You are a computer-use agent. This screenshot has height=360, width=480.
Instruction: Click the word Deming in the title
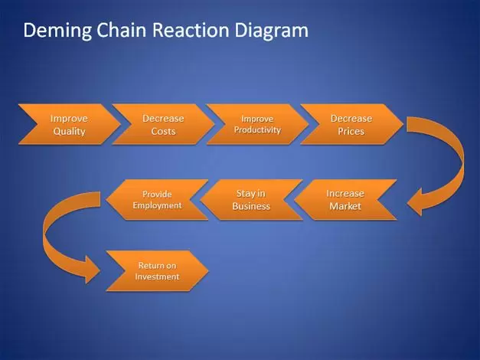click(x=57, y=31)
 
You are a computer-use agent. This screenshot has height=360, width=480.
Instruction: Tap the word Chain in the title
click(x=121, y=30)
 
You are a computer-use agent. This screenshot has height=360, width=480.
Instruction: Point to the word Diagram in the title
click(x=272, y=31)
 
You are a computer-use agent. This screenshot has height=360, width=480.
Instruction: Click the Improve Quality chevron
click(x=70, y=124)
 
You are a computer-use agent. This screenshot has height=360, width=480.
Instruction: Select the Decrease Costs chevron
click(x=164, y=124)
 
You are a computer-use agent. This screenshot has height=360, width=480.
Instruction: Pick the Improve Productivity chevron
click(x=257, y=124)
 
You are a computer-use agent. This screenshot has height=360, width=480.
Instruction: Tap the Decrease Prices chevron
click(x=351, y=124)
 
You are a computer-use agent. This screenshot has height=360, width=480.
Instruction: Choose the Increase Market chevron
click(x=345, y=199)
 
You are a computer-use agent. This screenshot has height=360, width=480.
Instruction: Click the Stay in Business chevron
click(x=251, y=199)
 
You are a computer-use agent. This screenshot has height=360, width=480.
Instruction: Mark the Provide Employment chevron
click(x=158, y=199)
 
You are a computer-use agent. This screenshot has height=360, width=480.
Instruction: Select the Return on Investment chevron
click(x=158, y=271)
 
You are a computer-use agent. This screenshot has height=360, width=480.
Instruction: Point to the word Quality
click(x=69, y=132)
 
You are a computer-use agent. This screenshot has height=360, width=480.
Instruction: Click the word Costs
click(x=164, y=132)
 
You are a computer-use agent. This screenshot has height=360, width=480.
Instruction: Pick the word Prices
click(x=351, y=132)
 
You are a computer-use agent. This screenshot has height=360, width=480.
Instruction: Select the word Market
click(x=345, y=206)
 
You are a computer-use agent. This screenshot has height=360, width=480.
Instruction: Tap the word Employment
click(x=158, y=205)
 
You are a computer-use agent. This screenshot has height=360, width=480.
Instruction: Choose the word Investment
click(x=158, y=277)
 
